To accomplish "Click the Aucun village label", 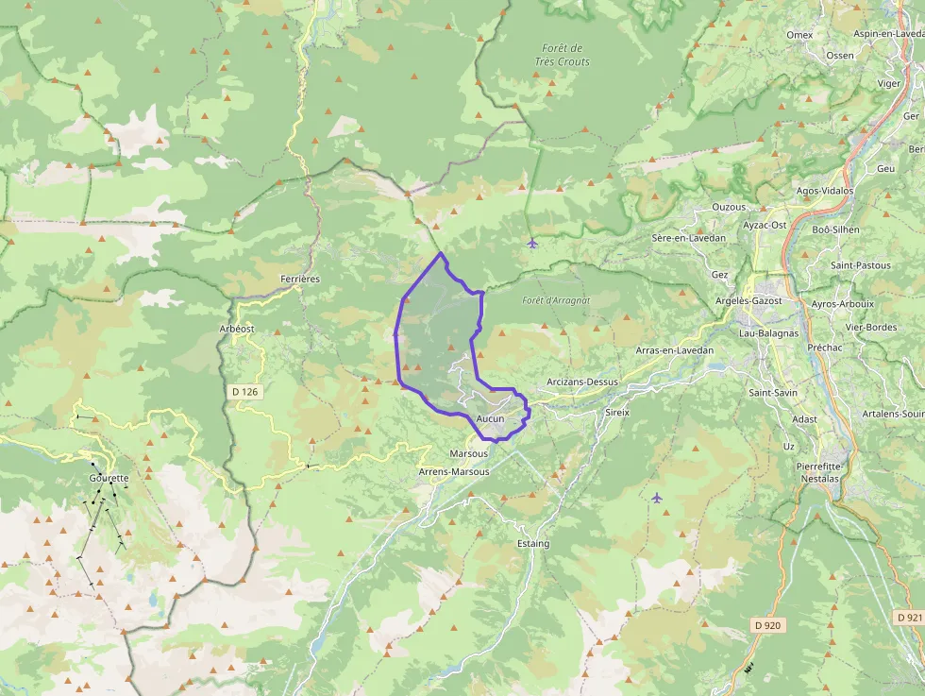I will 491,417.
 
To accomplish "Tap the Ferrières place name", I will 300,279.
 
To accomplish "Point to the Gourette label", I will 109,478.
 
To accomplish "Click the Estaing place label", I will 533,544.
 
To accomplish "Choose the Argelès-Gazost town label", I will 749,299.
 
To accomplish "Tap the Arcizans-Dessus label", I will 582,382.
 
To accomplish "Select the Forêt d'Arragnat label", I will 556,300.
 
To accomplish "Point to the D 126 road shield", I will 244,391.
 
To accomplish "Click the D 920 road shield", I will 768,625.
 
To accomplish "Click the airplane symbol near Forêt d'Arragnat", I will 533,244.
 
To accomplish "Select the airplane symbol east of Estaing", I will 657,497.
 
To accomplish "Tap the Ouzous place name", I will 729,207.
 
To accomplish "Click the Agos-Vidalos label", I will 824,190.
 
